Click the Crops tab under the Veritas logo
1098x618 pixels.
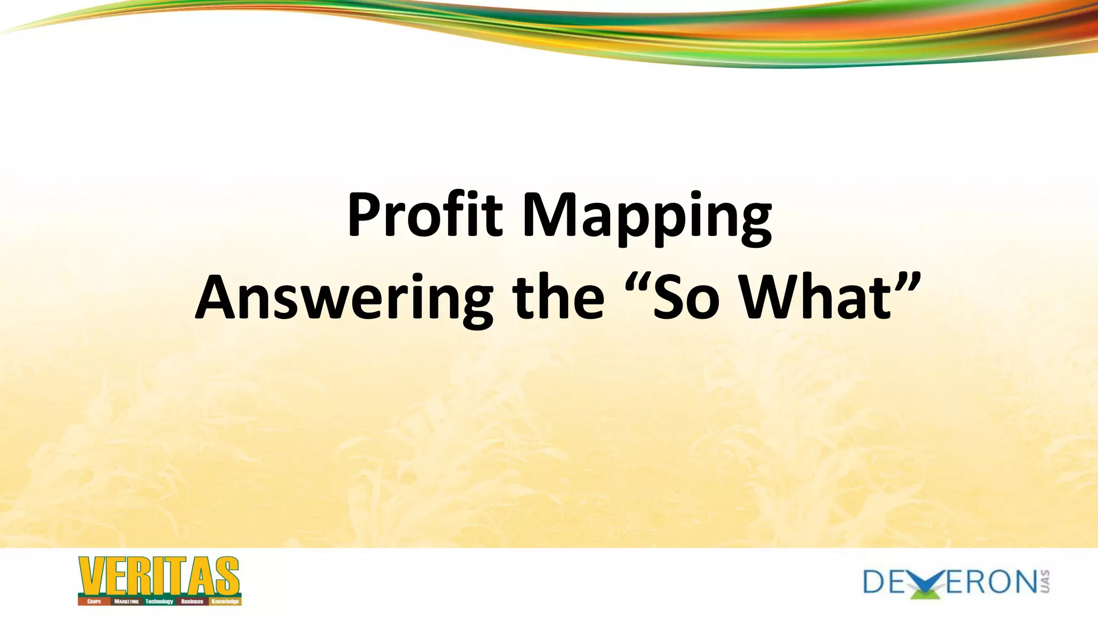pos(94,601)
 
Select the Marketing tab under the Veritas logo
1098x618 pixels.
pos(127,601)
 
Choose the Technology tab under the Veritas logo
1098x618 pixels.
pos(159,601)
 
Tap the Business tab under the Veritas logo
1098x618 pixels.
pos(192,601)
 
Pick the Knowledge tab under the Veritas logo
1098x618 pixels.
pos(225,601)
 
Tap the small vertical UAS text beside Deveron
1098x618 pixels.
pos(1045,582)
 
